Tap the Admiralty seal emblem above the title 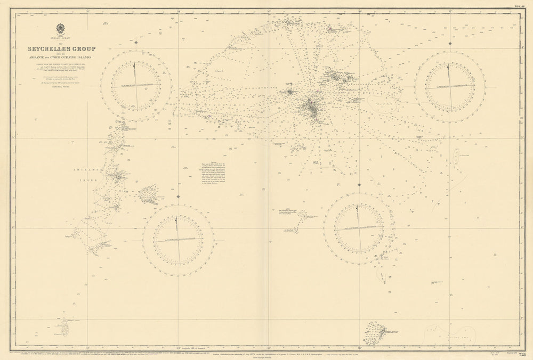click(61, 29)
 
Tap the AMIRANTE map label click(82, 167)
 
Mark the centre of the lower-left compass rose click(178, 240)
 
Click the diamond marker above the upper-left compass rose click(137, 42)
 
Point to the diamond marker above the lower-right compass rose click(359, 185)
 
